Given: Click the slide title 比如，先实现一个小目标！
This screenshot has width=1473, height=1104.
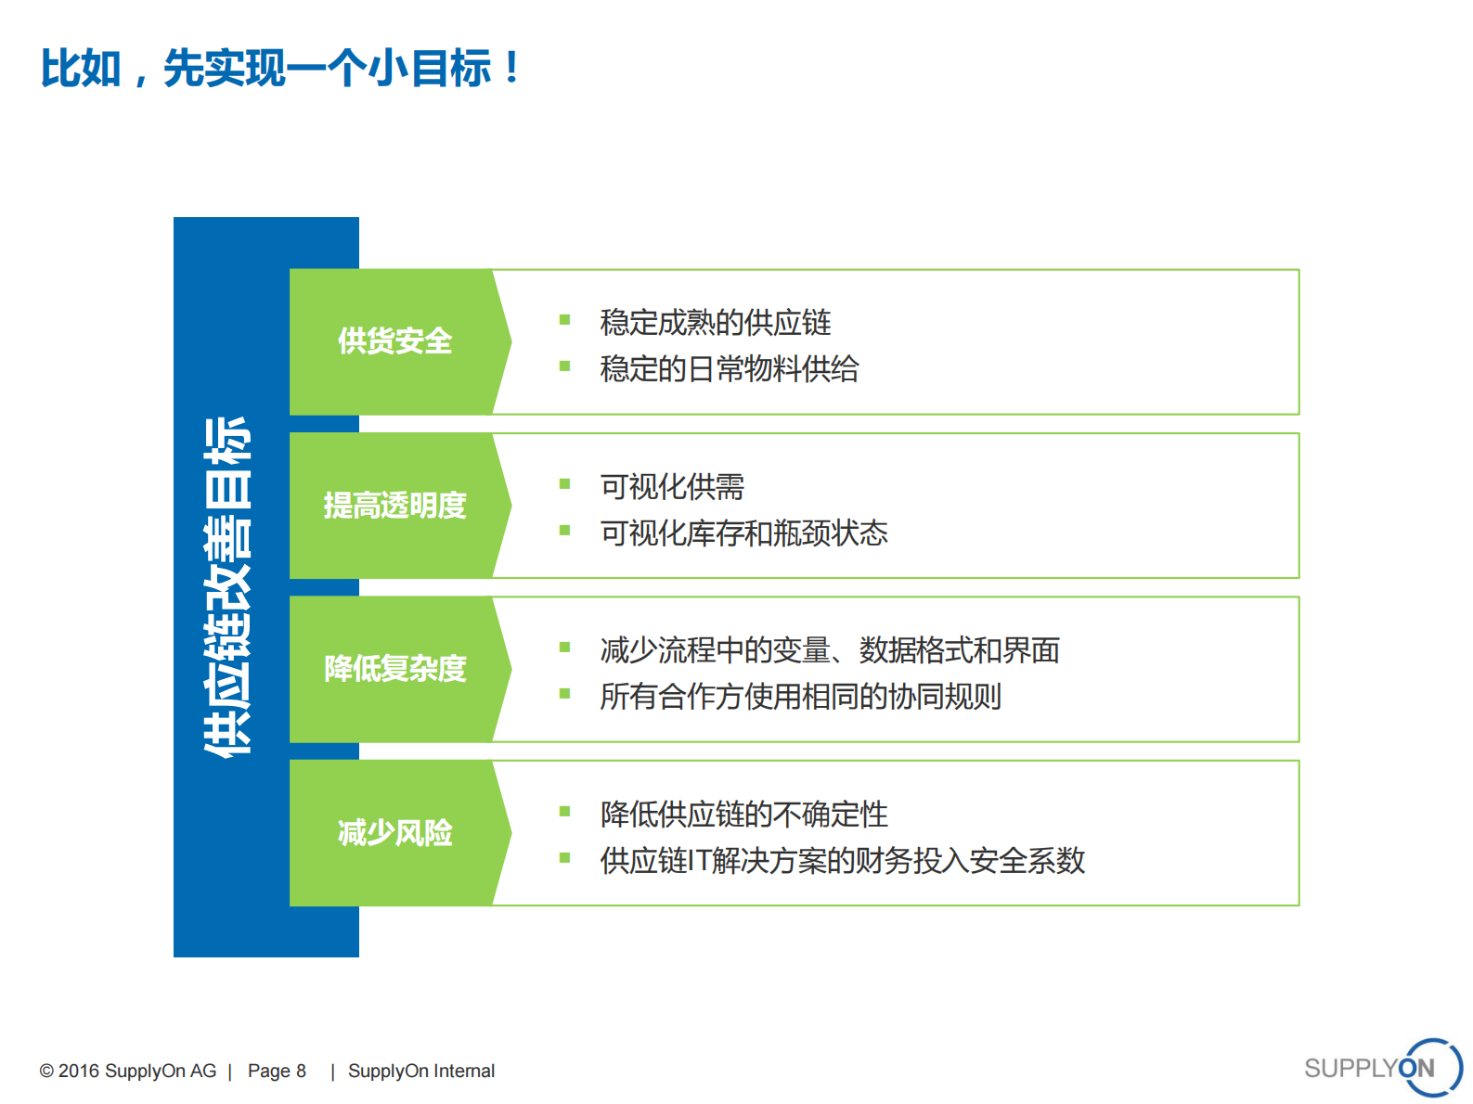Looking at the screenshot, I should (x=280, y=69).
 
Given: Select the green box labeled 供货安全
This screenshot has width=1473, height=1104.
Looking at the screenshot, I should (x=394, y=341).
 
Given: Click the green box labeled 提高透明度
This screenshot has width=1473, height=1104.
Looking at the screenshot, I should (x=394, y=506).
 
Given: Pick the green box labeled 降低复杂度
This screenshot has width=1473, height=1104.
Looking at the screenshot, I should (x=394, y=669).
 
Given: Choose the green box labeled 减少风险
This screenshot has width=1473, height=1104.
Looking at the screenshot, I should (x=394, y=833).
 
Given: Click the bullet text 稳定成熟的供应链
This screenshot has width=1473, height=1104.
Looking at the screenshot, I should (x=715, y=323).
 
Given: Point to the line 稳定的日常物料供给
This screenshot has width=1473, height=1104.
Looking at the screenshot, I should (x=729, y=369).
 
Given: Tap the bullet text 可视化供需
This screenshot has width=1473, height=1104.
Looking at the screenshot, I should (x=672, y=487).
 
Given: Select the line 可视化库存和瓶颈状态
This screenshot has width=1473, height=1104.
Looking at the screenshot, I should (x=743, y=533).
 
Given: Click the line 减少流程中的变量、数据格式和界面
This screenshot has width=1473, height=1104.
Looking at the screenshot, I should (x=829, y=650).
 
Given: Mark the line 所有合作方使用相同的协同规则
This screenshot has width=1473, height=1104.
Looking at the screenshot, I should (x=800, y=697).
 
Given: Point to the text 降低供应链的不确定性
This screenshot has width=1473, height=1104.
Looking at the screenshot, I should (x=743, y=815).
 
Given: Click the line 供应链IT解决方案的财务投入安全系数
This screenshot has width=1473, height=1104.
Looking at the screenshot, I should (x=842, y=861).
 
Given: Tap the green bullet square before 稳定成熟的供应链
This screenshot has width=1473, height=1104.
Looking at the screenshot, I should (x=564, y=320).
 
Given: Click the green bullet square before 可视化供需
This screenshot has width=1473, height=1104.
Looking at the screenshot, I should (x=564, y=483).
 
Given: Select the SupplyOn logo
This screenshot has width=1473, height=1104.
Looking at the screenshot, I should (x=1382, y=1068).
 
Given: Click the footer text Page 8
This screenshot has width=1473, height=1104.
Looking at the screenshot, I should (x=277, y=1071).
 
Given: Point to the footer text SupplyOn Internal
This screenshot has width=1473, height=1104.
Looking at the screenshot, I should (x=421, y=1071).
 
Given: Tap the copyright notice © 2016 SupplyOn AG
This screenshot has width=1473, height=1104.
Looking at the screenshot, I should (x=128, y=1071).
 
